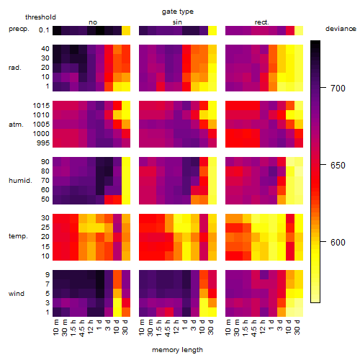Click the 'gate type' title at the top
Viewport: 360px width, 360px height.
tap(178, 12)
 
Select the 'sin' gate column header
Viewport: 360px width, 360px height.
tap(177, 22)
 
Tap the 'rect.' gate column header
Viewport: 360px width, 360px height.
tap(262, 22)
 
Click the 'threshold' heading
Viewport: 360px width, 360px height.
tap(40, 17)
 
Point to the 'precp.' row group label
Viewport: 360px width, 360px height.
tap(19, 29)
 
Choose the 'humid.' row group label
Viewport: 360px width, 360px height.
tap(20, 181)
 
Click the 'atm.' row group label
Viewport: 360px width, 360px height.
tap(16, 125)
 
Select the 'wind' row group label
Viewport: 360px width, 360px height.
tap(17, 294)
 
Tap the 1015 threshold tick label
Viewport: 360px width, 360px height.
tap(41, 106)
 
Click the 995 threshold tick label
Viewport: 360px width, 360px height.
tap(43, 143)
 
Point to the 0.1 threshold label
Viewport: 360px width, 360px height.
tap(44, 30)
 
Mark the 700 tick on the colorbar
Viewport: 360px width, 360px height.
tap(338, 89)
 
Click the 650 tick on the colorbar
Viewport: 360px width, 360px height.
tap(338, 166)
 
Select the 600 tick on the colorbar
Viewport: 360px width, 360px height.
tap(338, 243)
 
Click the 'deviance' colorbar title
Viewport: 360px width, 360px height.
tap(341, 29)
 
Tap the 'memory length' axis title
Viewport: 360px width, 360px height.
tap(178, 350)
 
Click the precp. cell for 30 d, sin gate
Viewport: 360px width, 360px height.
tap(212, 30)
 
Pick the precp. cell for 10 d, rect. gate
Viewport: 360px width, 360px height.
tap(290, 30)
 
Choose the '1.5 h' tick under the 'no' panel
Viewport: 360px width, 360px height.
tap(73, 328)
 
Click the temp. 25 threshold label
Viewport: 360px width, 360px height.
tap(45, 228)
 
